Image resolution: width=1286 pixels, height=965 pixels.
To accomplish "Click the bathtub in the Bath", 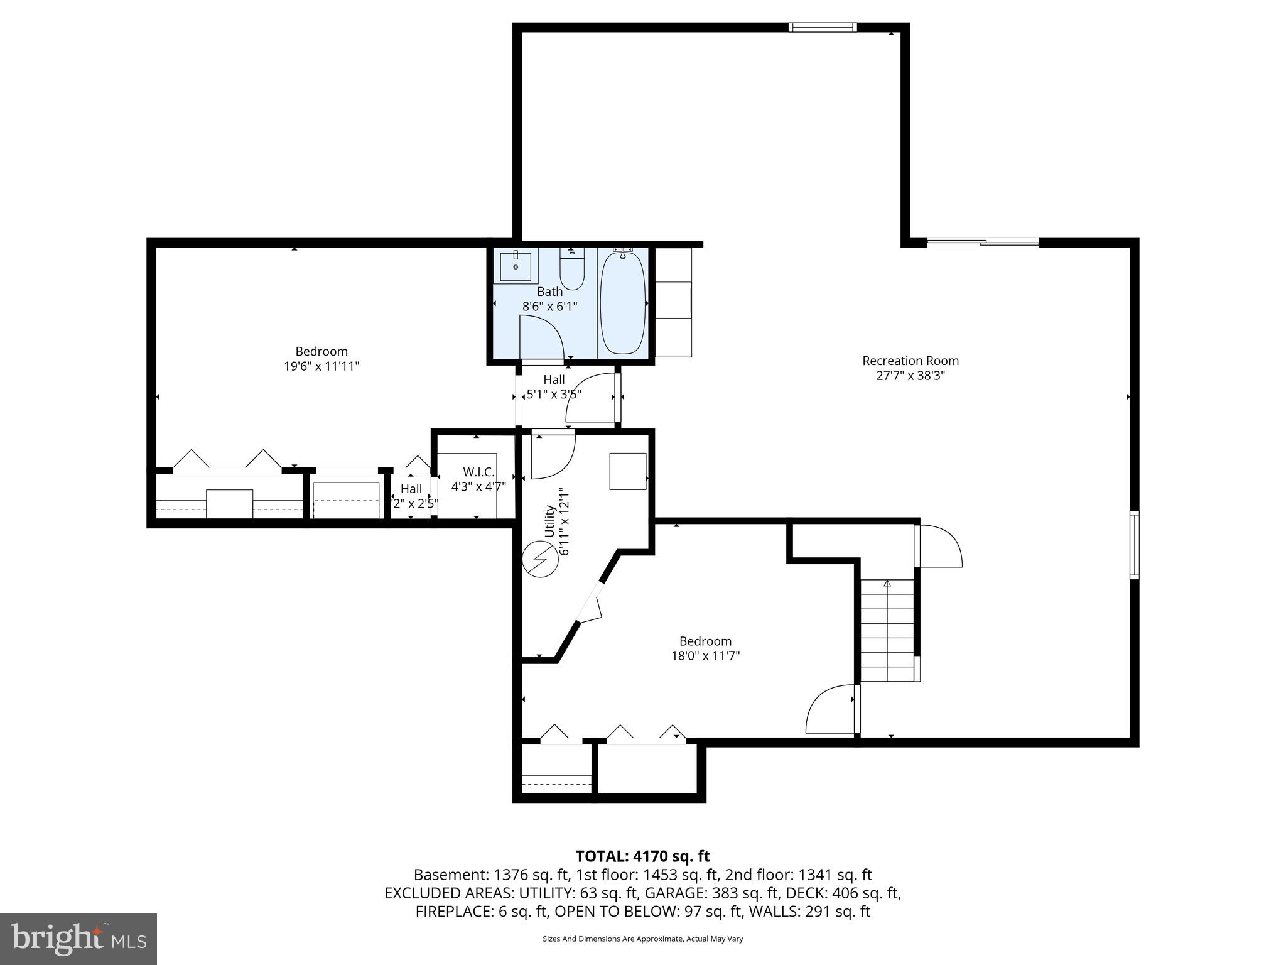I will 622,303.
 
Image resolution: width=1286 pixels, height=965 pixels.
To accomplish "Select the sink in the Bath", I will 516,266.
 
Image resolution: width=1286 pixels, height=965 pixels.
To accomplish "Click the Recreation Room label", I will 910,361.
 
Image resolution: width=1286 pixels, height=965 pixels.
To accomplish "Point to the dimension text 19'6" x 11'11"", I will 321,366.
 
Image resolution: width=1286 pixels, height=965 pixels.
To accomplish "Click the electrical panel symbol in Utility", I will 540,559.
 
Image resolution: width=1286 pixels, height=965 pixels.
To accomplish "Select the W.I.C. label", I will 478,471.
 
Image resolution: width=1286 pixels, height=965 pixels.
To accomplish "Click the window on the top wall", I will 823,27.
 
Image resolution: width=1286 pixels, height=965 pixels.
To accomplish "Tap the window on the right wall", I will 1134,545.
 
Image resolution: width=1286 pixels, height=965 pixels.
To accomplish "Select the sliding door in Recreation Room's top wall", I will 983,243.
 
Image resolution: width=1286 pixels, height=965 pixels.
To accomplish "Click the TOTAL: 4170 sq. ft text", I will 642,856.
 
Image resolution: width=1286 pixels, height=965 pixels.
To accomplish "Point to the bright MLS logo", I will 78,939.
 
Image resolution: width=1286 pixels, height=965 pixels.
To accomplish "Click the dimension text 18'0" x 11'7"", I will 705,656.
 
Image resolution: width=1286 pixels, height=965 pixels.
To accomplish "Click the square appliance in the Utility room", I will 628,471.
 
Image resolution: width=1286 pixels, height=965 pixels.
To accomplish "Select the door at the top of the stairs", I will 938,546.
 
